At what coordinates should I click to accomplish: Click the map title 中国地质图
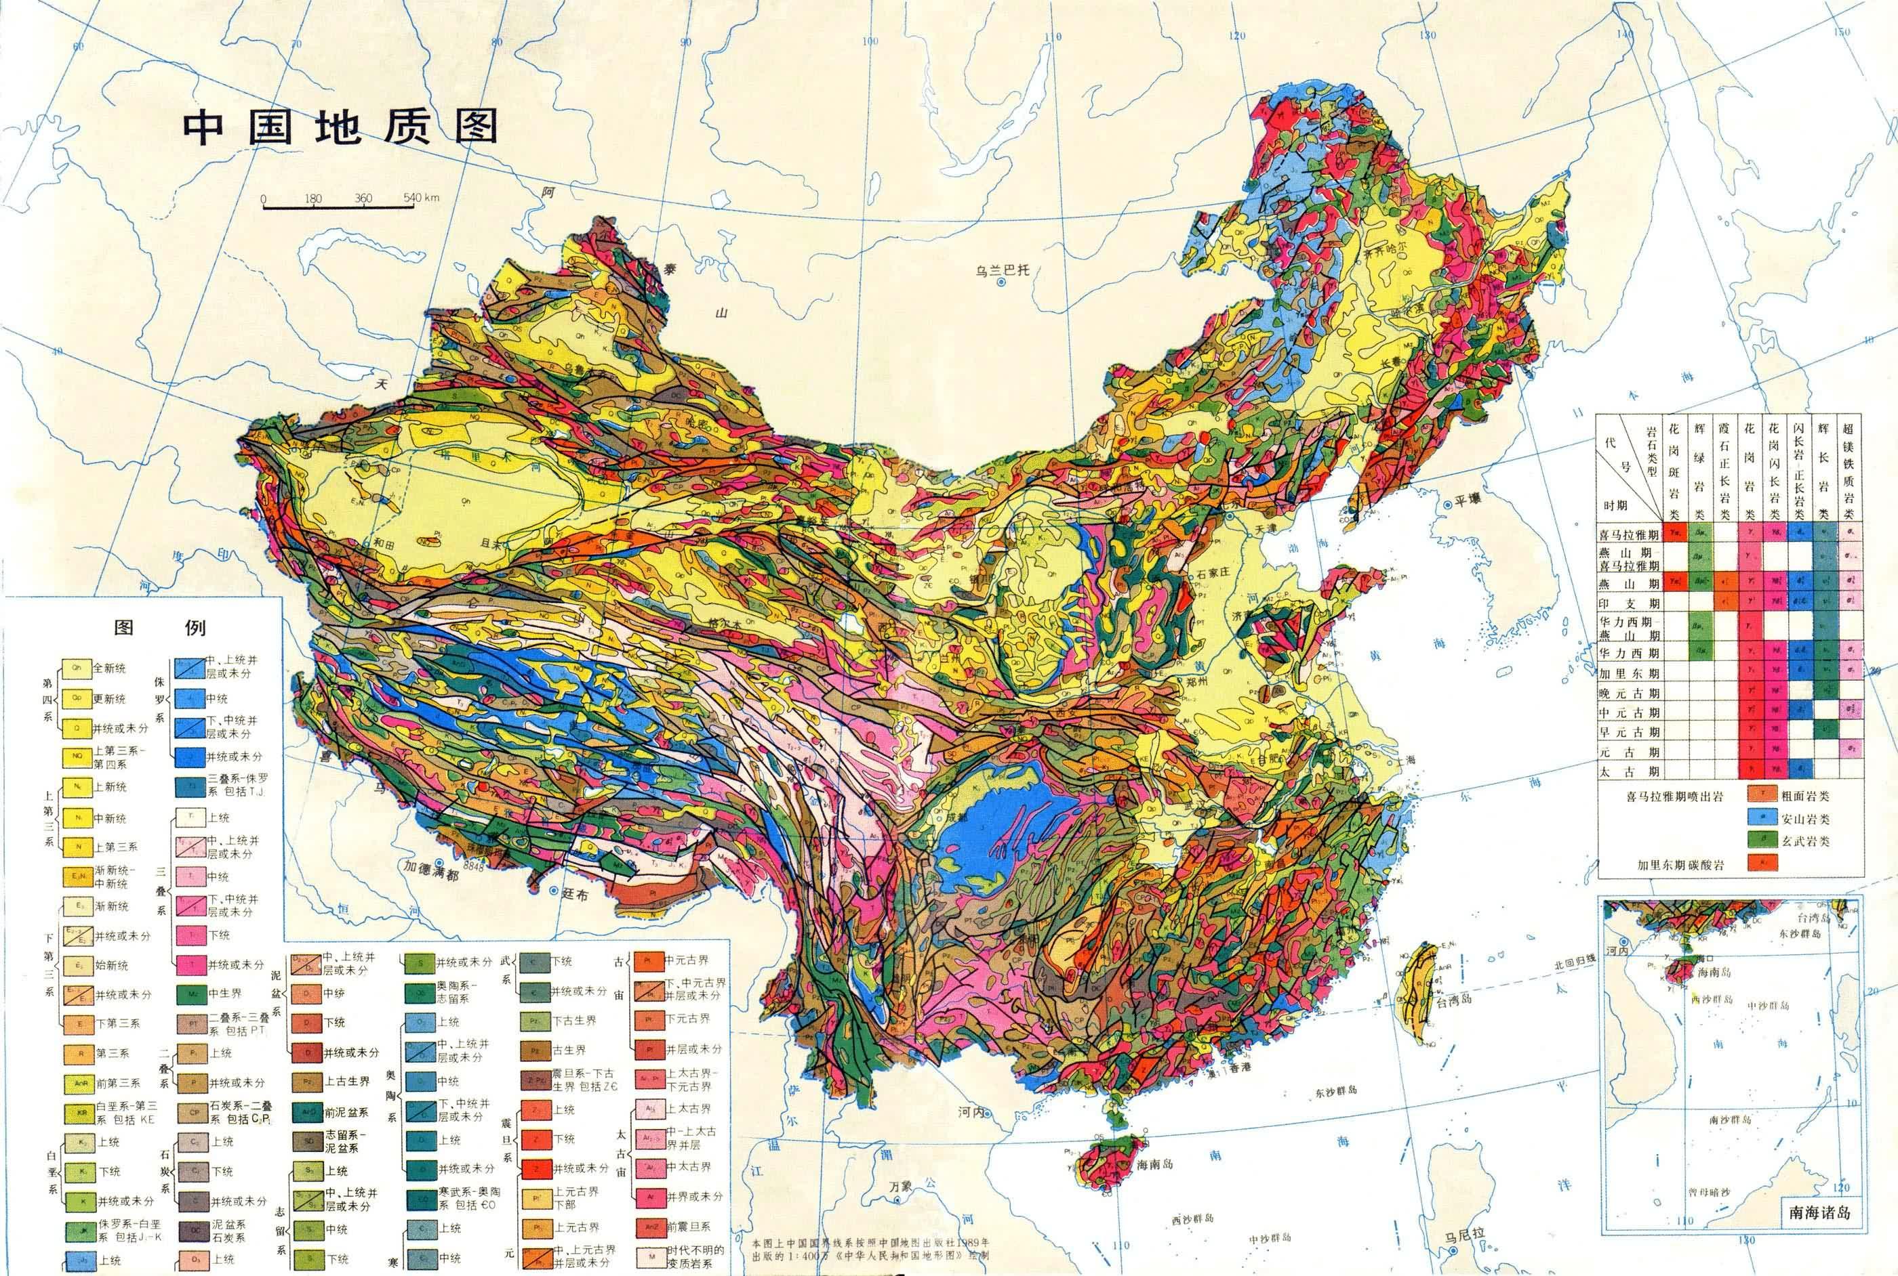[x=340, y=128]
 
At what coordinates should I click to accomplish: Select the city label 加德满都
[x=430, y=876]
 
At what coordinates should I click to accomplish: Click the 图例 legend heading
[x=159, y=627]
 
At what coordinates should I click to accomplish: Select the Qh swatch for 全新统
[x=77, y=667]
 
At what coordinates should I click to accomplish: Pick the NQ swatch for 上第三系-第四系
[x=77, y=757]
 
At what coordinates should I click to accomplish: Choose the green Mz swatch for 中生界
[x=192, y=994]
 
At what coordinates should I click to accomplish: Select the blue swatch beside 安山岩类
[x=1761, y=819]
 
